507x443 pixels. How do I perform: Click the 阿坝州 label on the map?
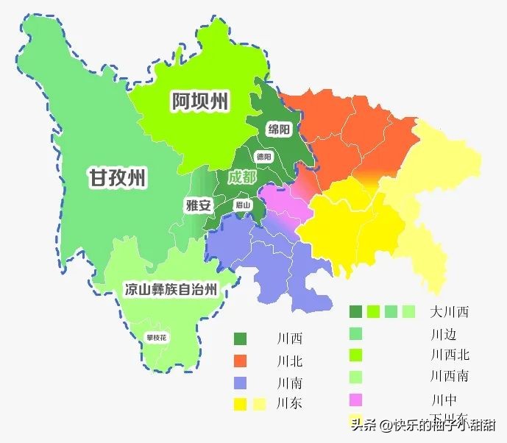(199, 102)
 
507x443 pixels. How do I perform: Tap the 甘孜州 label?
(117, 177)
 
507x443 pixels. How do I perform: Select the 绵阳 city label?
(279, 130)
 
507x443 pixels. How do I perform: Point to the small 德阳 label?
(263, 157)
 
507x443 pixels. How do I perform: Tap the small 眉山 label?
(243, 205)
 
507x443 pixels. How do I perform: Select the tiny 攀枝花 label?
(156, 338)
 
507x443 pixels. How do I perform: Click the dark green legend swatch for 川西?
(241, 339)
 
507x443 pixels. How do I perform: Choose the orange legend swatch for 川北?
(241, 361)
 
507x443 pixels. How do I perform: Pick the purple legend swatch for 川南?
(241, 383)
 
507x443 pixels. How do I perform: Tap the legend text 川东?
(289, 403)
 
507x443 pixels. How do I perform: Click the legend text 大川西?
(450, 312)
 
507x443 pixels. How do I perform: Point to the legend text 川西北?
(450, 355)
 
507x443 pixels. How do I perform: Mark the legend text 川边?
(443, 334)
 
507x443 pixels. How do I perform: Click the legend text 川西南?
(450, 376)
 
